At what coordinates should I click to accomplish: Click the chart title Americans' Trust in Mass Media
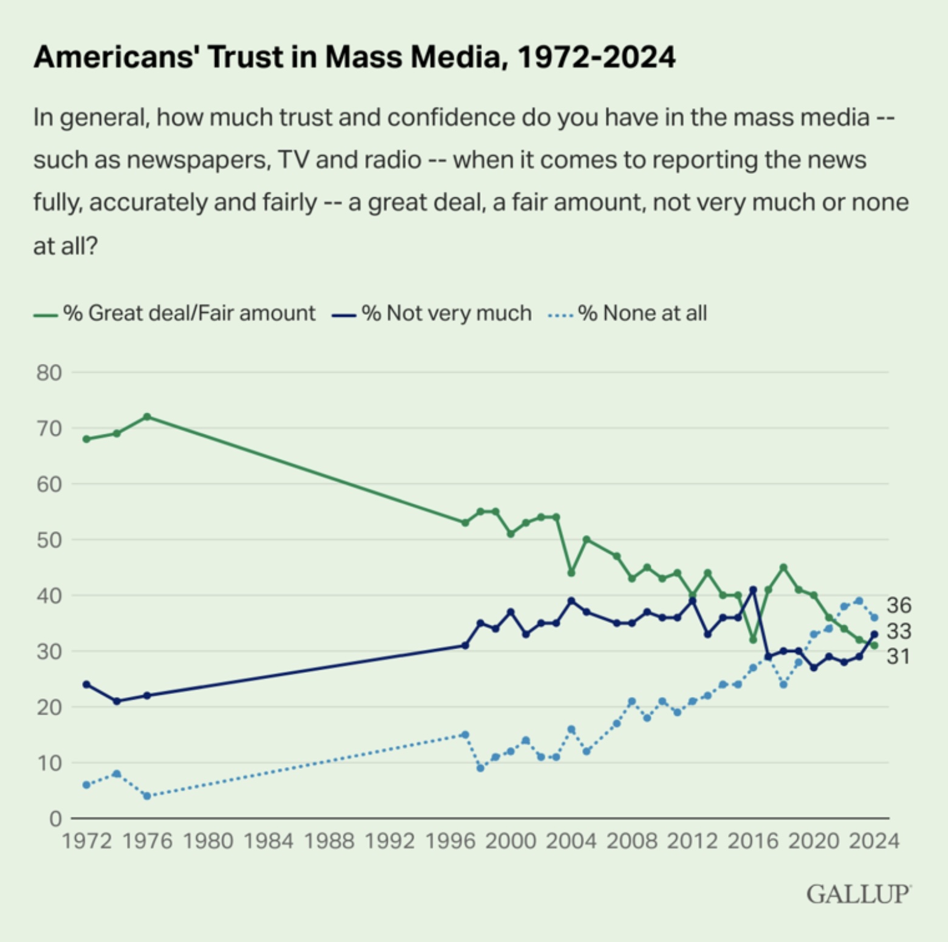point(354,57)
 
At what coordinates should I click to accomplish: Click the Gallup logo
point(858,894)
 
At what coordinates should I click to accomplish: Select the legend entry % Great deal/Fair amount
point(188,313)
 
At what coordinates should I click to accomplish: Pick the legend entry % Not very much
point(446,313)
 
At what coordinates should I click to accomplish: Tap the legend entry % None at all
point(642,313)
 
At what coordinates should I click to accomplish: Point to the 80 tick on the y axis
point(49,373)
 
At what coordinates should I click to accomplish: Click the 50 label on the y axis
point(49,540)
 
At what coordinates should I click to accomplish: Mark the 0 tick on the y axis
point(55,819)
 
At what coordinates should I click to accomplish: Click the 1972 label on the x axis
point(86,841)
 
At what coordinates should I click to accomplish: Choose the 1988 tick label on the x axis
point(328,841)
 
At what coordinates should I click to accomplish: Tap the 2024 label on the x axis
point(874,841)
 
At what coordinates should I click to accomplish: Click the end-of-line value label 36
point(899,605)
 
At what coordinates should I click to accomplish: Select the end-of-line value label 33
point(899,631)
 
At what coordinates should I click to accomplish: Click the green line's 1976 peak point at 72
point(147,417)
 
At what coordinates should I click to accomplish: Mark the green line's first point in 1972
point(86,439)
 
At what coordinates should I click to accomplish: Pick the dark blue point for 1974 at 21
point(117,701)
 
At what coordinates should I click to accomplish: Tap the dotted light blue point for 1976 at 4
point(147,796)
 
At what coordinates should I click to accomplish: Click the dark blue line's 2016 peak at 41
point(754,590)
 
